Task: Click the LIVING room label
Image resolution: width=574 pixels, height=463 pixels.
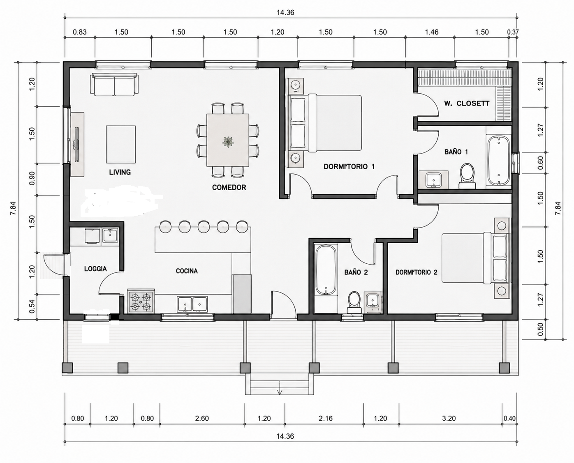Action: pyautogui.click(x=120, y=172)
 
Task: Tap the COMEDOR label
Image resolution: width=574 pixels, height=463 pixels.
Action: pyautogui.click(x=229, y=187)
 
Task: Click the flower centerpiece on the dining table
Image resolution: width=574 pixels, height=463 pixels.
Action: pyautogui.click(x=228, y=142)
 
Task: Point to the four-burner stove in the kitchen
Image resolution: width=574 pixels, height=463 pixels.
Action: pyautogui.click(x=141, y=302)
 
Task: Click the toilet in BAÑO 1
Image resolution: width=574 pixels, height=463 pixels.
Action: pyautogui.click(x=467, y=176)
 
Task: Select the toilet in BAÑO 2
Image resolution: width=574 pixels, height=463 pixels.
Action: pyautogui.click(x=354, y=302)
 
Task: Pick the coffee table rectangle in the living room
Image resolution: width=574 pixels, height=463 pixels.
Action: pyautogui.click(x=121, y=144)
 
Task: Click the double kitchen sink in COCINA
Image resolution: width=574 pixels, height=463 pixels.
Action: pyautogui.click(x=192, y=304)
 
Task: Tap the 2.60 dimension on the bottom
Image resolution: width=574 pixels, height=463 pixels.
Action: pyautogui.click(x=202, y=418)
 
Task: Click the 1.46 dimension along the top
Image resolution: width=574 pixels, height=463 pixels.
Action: pyautogui.click(x=432, y=32)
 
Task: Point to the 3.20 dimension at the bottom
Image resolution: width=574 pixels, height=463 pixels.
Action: pyautogui.click(x=449, y=418)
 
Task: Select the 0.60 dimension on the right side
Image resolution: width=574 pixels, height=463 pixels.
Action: pyautogui.click(x=540, y=163)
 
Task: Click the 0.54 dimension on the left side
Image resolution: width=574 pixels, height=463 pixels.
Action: pyautogui.click(x=32, y=306)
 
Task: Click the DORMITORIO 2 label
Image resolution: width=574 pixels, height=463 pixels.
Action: pyautogui.click(x=417, y=272)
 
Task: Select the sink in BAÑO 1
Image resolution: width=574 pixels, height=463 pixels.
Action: pyautogui.click(x=433, y=179)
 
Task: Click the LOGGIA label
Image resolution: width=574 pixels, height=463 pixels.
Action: pyautogui.click(x=95, y=269)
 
